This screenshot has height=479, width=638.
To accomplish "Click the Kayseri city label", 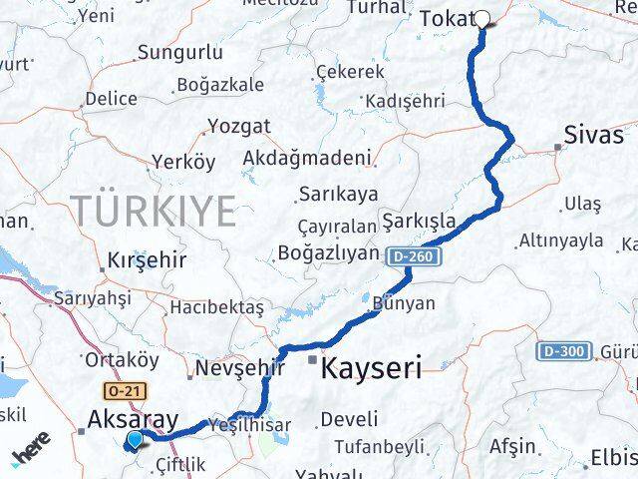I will pyautogui.click(x=371, y=367).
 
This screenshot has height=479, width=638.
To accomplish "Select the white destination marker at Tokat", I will pyautogui.click(x=482, y=19).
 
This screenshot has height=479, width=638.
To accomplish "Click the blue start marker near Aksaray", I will pyautogui.click(x=135, y=439).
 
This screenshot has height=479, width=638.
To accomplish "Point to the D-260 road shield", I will pyautogui.click(x=410, y=256).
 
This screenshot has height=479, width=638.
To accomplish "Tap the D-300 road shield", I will pyautogui.click(x=560, y=351).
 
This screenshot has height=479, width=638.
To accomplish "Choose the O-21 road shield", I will pyautogui.click(x=115, y=391).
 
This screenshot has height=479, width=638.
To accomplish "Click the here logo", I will pyautogui.click(x=32, y=453).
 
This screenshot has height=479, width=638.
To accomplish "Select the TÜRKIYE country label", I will pyautogui.click(x=154, y=212).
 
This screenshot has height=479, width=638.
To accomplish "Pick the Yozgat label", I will pyautogui.click(x=238, y=127).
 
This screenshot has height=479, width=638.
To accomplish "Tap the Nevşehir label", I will pyautogui.click(x=233, y=369).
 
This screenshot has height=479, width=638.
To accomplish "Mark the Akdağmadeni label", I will pyautogui.click(x=307, y=158).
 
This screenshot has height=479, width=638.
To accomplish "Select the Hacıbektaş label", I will pyautogui.click(x=216, y=307).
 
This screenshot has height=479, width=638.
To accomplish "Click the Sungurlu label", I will pyautogui.click(x=179, y=53).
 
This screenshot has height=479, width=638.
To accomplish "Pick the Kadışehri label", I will pyautogui.click(x=405, y=102).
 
